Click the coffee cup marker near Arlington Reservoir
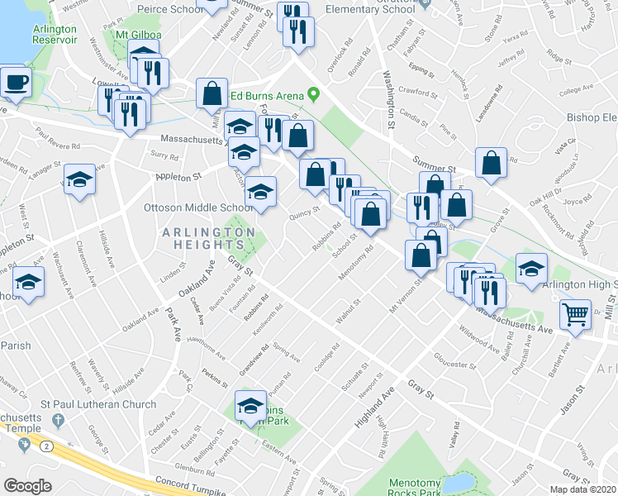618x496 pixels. pos(16,83)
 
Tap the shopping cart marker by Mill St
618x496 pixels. pos(575,314)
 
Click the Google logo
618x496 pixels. pos(28,486)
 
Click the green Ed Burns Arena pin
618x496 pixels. pos(313,95)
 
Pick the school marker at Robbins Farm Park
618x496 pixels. pos(250,406)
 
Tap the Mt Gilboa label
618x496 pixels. pos(136,36)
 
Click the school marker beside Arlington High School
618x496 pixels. pos(530,268)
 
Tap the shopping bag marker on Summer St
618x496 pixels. pos(491,165)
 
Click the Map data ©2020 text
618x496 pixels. pos(582,489)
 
